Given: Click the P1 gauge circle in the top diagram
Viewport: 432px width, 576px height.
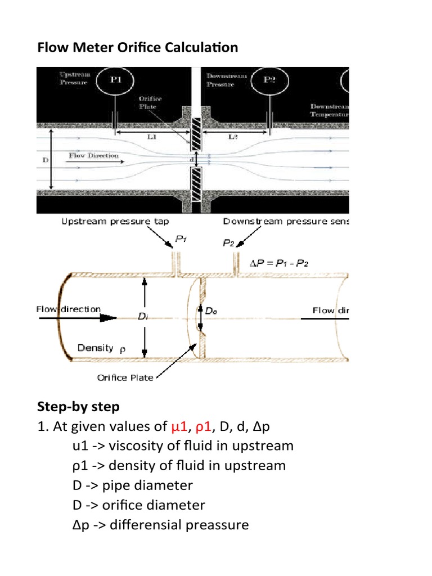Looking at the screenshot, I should pos(115,80).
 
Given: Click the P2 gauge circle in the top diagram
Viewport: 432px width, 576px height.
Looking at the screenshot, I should pos(270,80).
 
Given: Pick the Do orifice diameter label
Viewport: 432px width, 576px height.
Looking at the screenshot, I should pos(211,310).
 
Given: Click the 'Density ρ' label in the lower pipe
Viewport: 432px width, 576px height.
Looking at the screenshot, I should pos(101,348).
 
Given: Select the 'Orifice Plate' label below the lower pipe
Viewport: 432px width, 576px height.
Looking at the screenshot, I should pos(124,377).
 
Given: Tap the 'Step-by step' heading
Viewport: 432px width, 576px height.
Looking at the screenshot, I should pos(78,406).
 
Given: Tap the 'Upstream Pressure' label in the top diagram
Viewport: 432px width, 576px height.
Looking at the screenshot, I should pos(73,79).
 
